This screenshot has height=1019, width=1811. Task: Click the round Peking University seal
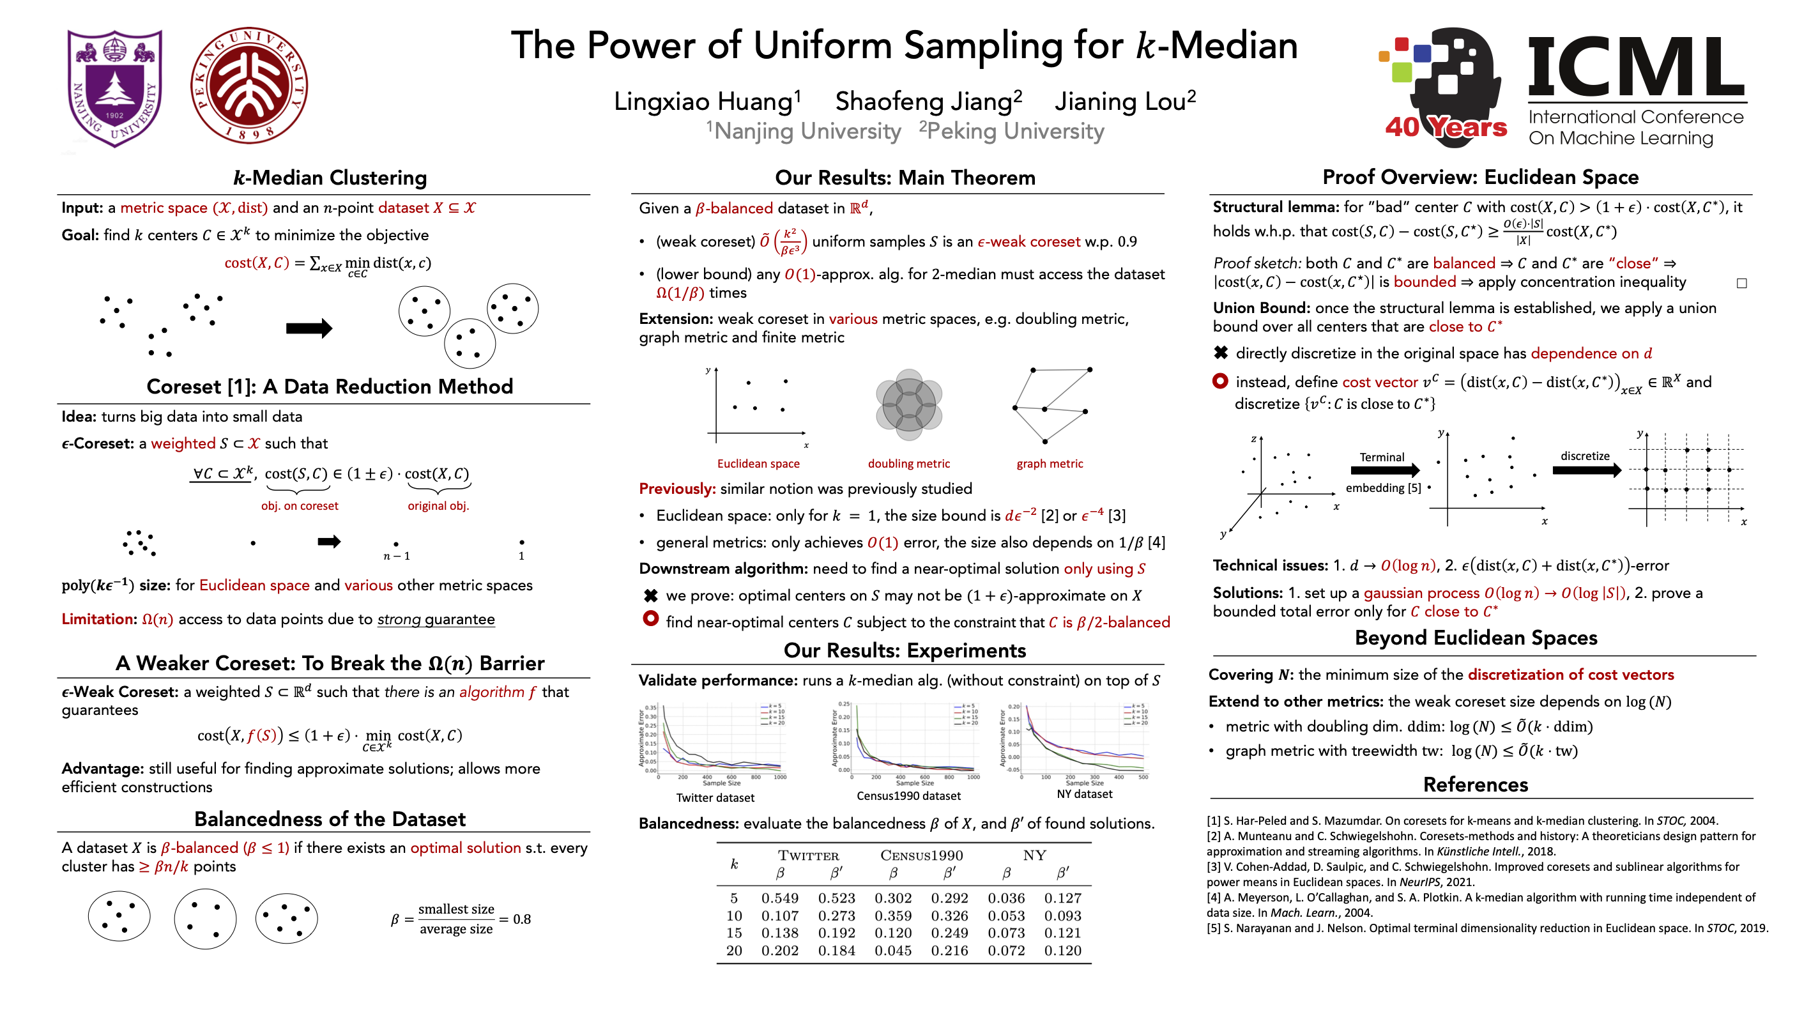pos(249,86)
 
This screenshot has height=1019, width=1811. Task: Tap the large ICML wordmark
pos(1635,68)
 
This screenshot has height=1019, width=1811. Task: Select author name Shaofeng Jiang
pos(928,102)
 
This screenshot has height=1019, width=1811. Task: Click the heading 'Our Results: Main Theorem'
pos(905,178)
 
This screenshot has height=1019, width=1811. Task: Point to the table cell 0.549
pos(780,898)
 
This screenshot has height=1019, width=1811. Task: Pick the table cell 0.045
pos(893,951)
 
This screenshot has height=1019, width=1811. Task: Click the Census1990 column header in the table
pos(921,855)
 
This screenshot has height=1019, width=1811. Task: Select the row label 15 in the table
pos(734,933)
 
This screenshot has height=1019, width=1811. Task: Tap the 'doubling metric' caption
pos(908,463)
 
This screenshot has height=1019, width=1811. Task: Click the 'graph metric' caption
pos(1049,463)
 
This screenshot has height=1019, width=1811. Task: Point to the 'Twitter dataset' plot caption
pos(715,797)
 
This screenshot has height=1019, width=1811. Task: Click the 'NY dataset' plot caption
pos(1084,794)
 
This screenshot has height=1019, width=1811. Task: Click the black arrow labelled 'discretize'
pos(1586,470)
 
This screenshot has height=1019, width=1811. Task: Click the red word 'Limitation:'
pos(99,619)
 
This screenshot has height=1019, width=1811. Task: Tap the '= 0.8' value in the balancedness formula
pos(516,919)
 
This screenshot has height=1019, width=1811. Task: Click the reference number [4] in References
pos(1214,898)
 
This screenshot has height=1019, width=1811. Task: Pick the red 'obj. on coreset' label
pos(300,505)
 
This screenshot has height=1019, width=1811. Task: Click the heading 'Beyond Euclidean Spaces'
pos(1476,638)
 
